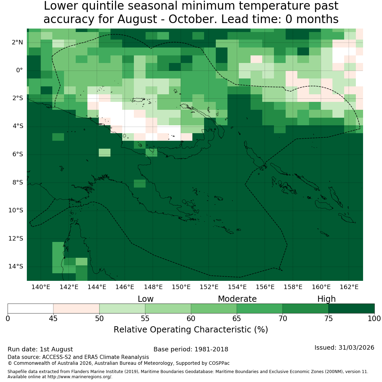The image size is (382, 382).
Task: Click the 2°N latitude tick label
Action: click(17, 42)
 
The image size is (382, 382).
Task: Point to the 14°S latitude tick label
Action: click(16, 266)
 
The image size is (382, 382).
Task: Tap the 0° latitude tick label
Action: click(20, 71)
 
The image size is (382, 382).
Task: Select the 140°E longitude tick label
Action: click(41, 287)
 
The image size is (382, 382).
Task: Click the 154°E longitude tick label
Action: click(237, 287)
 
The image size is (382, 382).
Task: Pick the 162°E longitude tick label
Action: click(349, 287)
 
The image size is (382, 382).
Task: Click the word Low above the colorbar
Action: click(146, 299)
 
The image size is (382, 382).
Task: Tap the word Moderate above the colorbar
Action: click(237, 299)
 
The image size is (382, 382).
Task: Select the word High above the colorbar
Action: click(327, 299)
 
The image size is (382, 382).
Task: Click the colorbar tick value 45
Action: click(53, 318)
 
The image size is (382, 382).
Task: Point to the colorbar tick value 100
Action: click(374, 318)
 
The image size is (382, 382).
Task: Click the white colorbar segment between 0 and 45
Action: click(30, 308)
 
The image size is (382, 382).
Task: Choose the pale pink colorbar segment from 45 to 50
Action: click(76, 308)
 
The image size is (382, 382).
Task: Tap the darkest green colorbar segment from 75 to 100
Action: click(352, 308)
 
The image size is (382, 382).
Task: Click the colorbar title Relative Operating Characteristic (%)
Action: click(191, 330)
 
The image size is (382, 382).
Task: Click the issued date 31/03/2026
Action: click(356, 347)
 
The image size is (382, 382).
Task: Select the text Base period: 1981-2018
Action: click(191, 349)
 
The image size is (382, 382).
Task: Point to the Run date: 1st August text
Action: click(40, 349)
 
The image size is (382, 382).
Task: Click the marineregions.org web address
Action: click(79, 376)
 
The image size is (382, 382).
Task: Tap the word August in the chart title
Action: click(137, 19)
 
